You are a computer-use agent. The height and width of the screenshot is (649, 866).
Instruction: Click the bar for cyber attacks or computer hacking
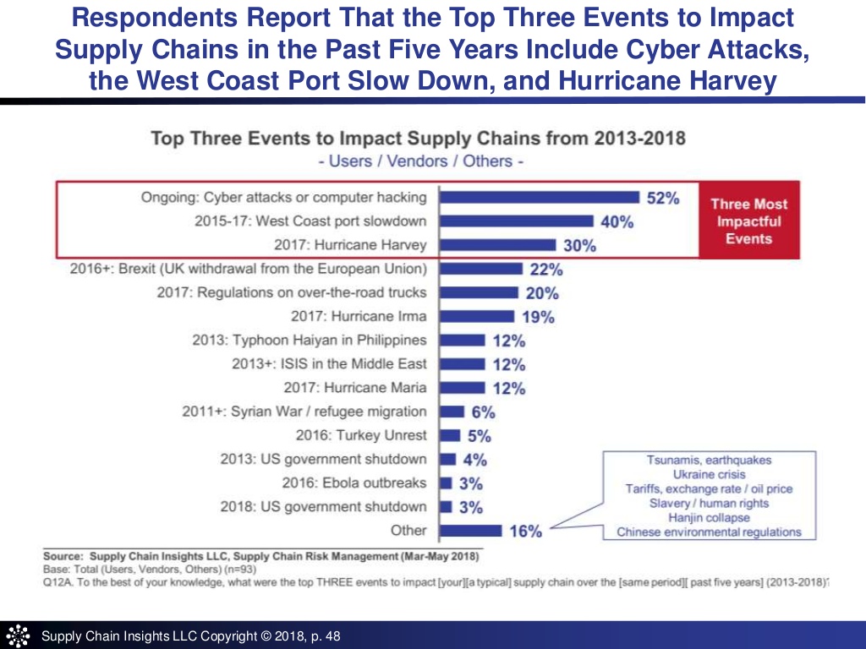coord(540,198)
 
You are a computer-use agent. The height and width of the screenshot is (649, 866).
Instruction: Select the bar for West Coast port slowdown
coord(517,221)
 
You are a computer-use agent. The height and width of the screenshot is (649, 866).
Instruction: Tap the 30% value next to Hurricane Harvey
coord(580,246)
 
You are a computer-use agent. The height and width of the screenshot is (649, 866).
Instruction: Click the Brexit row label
coord(249,269)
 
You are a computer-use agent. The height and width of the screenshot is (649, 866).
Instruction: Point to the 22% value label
coord(546,270)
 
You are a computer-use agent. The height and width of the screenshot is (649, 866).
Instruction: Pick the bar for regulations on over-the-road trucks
coord(479,292)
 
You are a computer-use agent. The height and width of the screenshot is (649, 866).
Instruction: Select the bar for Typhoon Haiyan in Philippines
coord(463,341)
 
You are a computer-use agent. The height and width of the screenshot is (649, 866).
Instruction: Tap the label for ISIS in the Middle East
coord(329,364)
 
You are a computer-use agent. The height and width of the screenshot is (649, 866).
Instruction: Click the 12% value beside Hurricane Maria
coord(509,389)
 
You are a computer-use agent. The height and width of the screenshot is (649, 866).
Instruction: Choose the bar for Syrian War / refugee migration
coord(452,412)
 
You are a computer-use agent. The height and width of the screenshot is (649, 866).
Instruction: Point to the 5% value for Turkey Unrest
coord(479,437)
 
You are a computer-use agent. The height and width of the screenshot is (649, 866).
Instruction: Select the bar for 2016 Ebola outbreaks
coord(446,483)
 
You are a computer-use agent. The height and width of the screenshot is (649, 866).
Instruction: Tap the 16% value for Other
coord(525,532)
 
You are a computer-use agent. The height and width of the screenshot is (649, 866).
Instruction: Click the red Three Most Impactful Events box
coord(748,221)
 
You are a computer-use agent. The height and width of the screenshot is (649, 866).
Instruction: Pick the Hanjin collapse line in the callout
coord(709,517)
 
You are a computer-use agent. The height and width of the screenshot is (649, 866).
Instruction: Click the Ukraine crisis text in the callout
coord(709,474)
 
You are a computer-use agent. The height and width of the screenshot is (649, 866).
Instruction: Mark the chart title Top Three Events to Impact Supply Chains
coord(418,138)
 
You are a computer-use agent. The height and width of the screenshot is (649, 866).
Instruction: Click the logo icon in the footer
coord(18,635)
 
